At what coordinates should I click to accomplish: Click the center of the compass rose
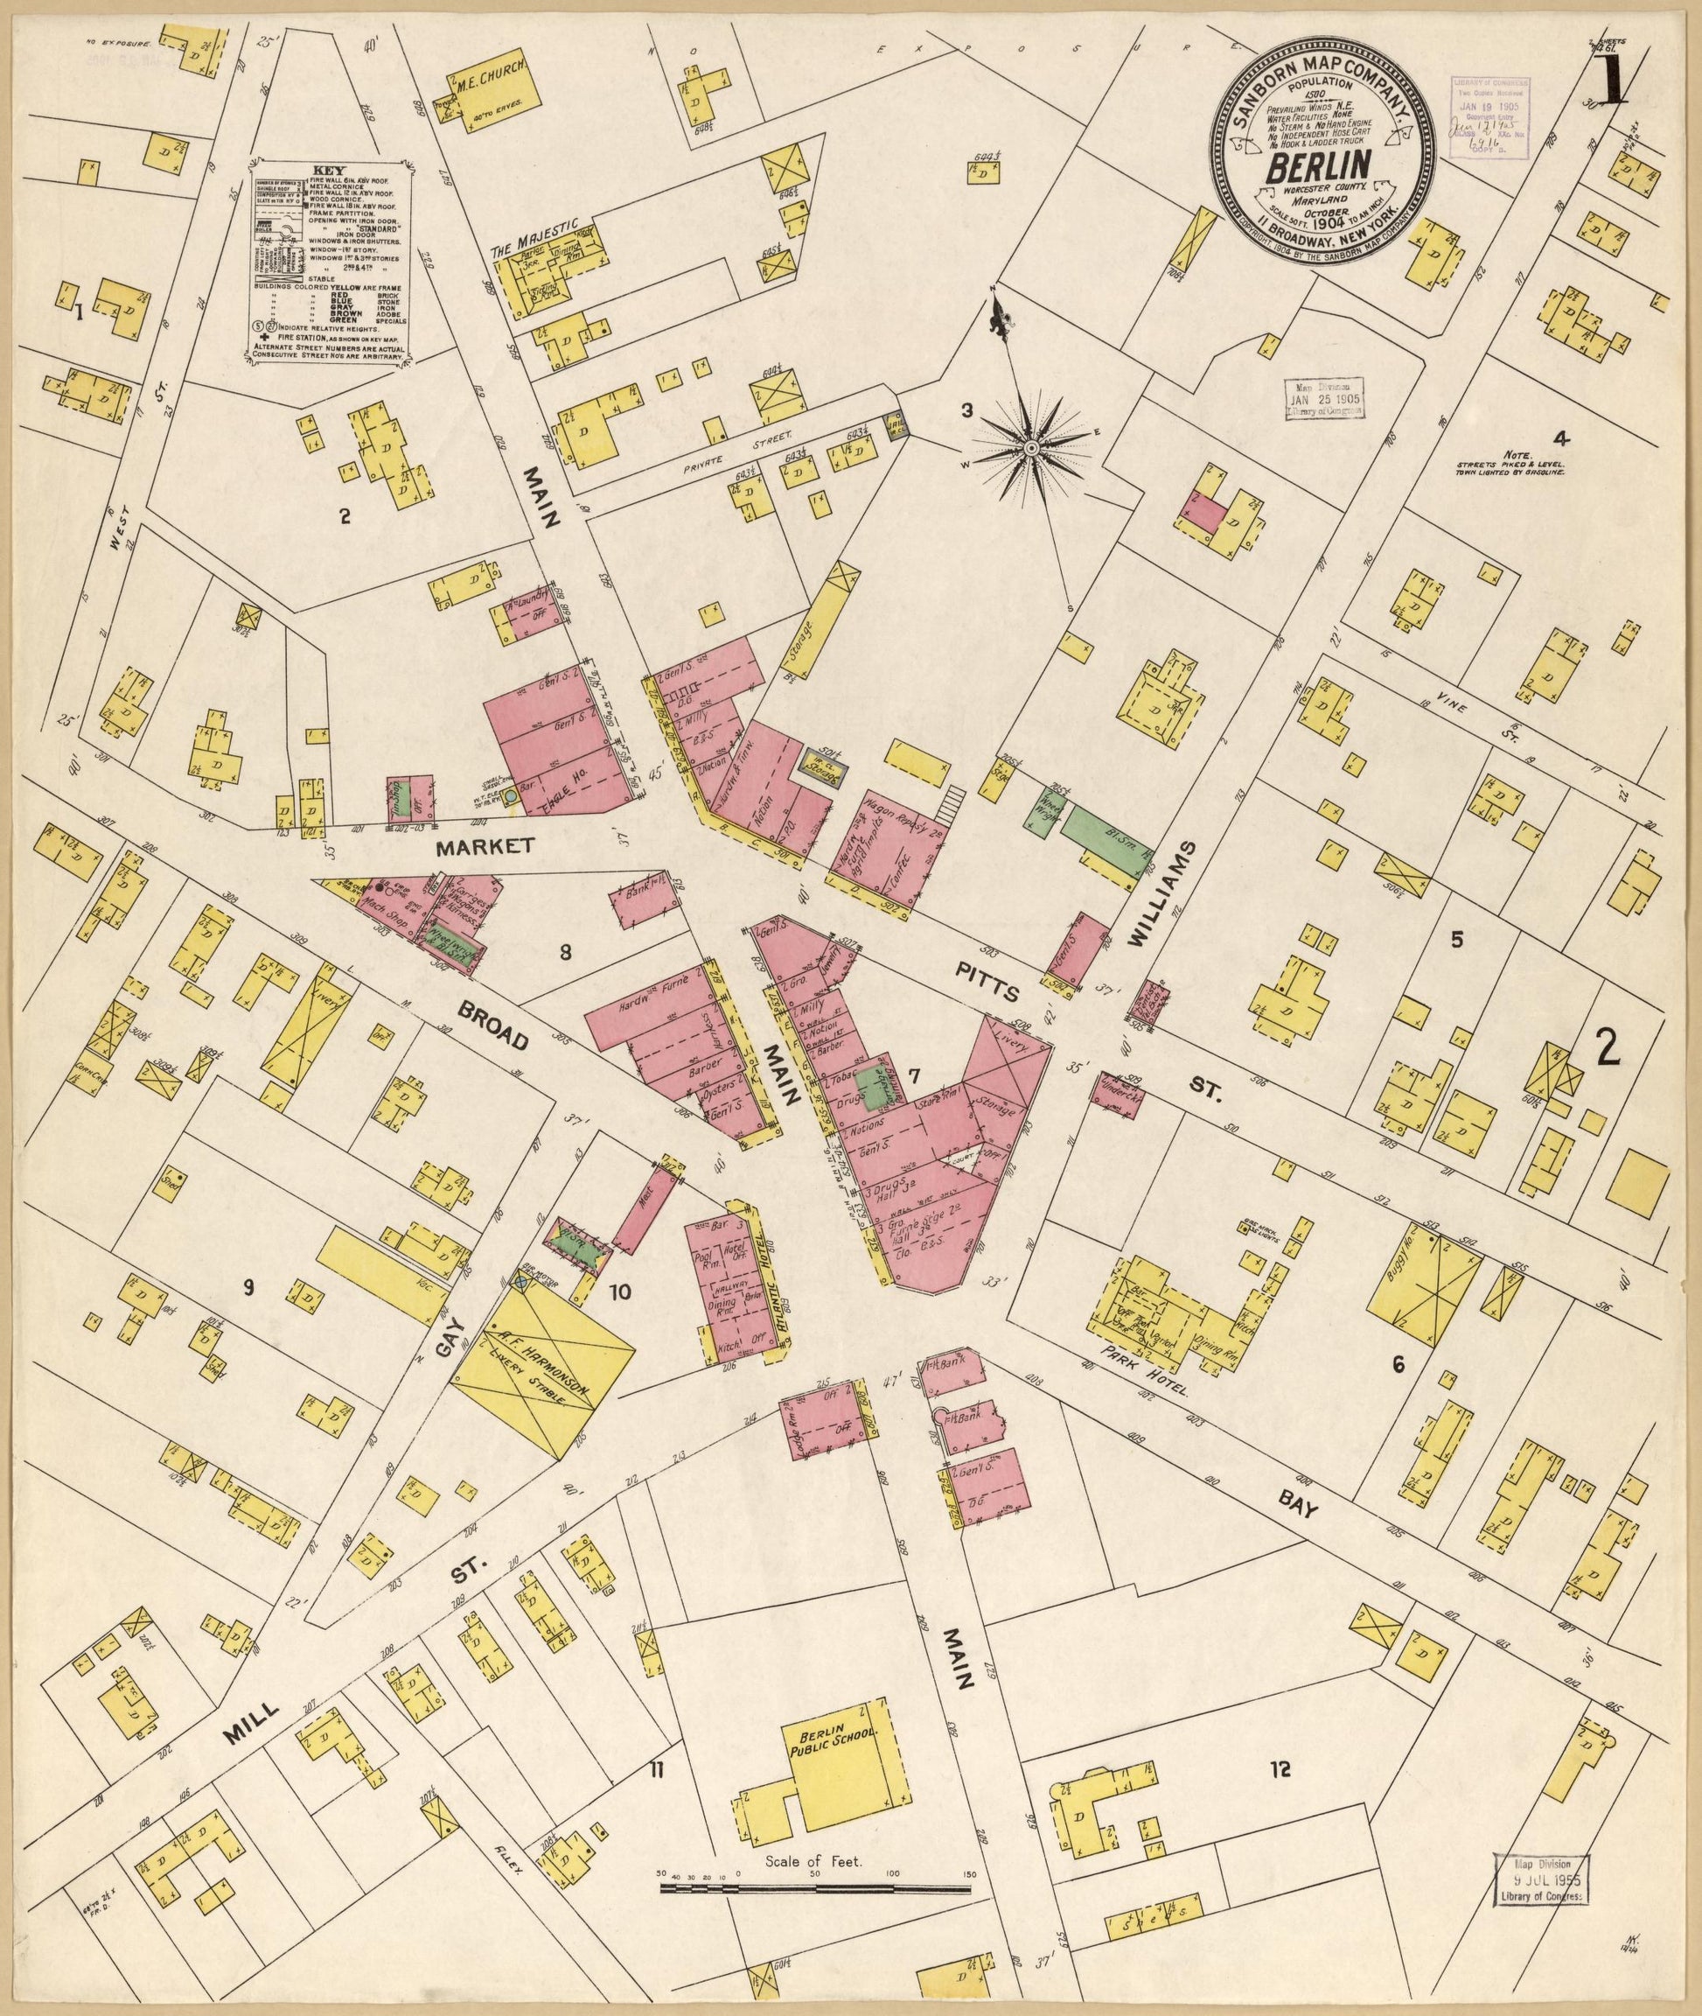tap(1030, 448)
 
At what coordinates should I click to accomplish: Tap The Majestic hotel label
tap(532, 236)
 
